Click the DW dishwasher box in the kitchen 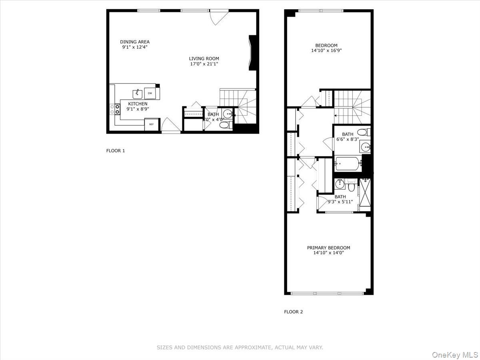coord(150,93)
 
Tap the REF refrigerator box coord(152,124)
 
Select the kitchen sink coord(137,93)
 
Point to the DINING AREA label coord(135,42)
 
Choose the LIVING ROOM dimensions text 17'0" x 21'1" coord(204,64)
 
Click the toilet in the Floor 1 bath coord(224,125)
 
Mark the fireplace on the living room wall coord(252,53)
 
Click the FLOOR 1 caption coord(116,151)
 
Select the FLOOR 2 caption coord(294,312)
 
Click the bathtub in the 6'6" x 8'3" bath coord(348,163)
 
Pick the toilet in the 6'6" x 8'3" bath coord(362,132)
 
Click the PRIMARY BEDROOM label coord(328,248)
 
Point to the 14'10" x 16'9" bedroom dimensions coord(326,51)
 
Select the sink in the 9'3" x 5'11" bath coord(340,184)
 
